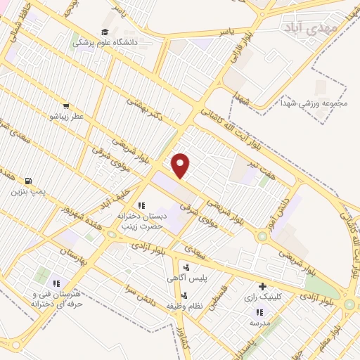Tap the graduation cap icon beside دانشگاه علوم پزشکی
105,32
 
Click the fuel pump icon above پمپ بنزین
28,181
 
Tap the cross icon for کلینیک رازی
262,286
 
